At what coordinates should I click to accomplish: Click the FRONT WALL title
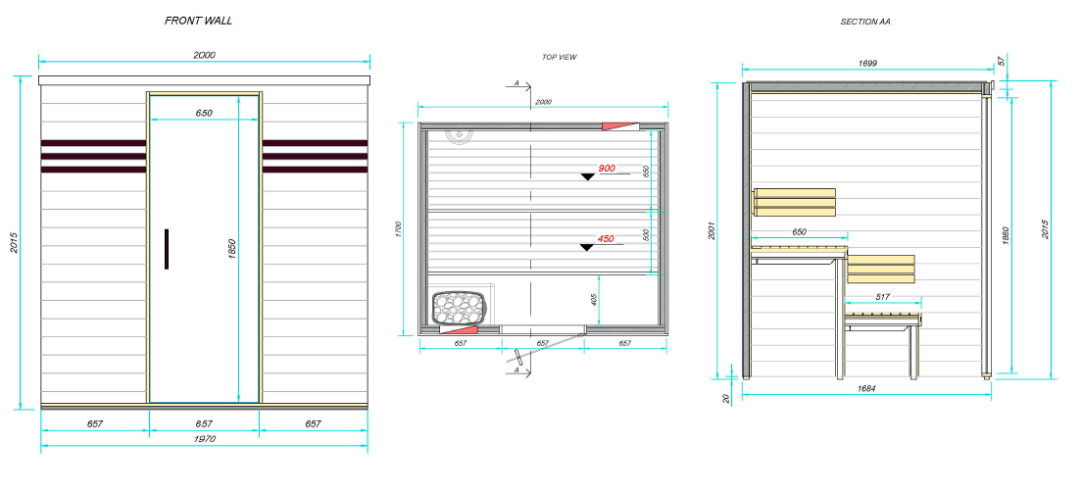[199, 21]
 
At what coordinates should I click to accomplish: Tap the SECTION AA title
[865, 23]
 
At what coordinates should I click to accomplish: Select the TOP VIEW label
[559, 57]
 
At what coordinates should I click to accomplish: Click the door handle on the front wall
[167, 249]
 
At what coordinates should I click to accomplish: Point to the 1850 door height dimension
[232, 249]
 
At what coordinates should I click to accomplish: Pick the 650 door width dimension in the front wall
[204, 113]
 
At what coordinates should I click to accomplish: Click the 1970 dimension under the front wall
[204, 439]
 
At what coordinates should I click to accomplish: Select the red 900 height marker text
[607, 169]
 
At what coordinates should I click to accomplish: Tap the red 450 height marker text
[606, 239]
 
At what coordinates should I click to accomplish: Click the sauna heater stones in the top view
[458, 307]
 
